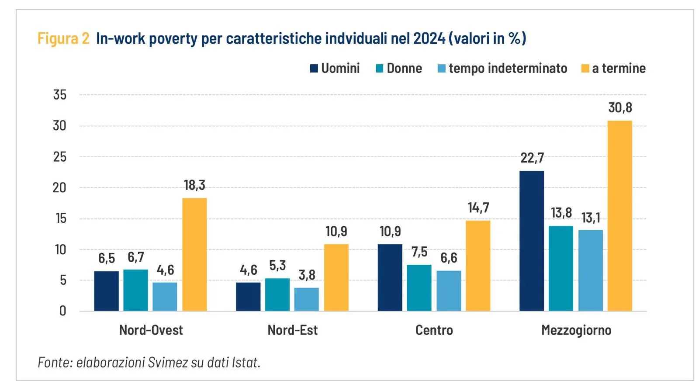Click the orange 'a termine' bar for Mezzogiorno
619,216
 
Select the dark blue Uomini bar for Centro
390,277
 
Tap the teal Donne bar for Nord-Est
277,294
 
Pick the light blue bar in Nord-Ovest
165,297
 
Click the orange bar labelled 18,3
194,254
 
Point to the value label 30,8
620,107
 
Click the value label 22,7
532,158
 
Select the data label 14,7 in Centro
478,208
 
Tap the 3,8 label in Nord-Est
307,275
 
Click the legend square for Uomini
314,69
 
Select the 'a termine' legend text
619,69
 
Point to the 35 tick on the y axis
60,95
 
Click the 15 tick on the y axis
61,218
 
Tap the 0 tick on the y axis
63,311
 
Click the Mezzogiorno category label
576,330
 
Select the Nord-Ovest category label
151,330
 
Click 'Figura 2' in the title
63,38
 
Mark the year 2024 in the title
429,38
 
